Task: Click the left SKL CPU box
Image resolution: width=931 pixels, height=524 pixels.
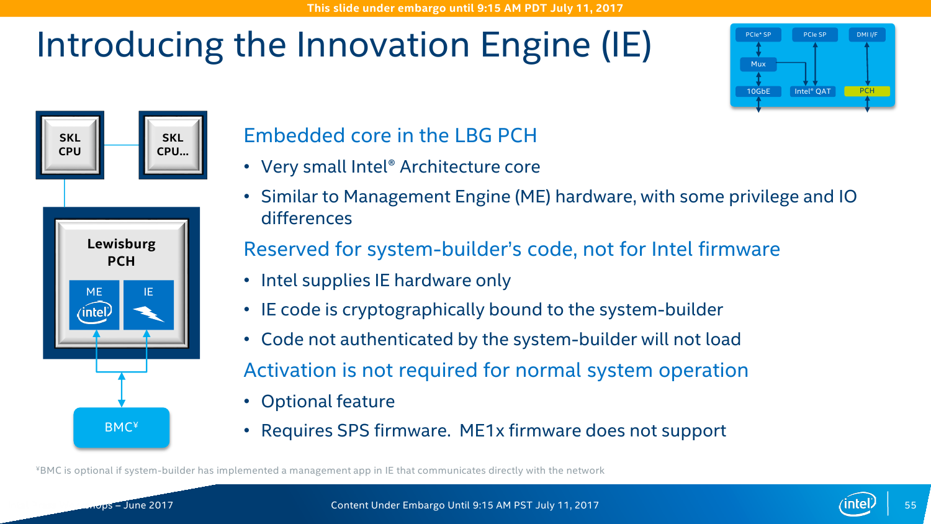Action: (x=70, y=145)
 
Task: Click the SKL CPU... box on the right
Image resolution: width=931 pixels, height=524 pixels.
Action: (x=173, y=145)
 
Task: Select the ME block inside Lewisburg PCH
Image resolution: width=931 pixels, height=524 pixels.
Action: (x=94, y=305)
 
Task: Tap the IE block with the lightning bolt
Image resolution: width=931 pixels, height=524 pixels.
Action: (x=148, y=305)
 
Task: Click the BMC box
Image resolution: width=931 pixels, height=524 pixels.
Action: (x=122, y=428)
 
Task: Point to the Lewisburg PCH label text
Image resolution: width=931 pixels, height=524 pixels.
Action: (x=122, y=252)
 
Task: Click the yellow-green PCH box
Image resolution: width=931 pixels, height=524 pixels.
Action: (x=867, y=91)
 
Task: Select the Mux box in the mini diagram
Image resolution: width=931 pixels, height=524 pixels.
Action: (x=758, y=64)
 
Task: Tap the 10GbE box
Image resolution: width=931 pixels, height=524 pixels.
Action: (x=758, y=91)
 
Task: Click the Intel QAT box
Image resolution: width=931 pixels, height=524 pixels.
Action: (x=812, y=91)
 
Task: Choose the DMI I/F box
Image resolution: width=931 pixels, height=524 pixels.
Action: (x=867, y=35)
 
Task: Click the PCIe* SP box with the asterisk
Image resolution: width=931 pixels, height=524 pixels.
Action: (x=758, y=35)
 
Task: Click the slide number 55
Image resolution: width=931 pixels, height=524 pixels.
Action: (x=911, y=505)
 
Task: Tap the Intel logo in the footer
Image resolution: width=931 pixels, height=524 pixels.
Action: (x=857, y=504)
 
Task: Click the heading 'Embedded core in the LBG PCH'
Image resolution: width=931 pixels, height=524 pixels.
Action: (x=390, y=135)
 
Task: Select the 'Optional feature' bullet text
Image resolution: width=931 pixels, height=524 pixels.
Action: (x=328, y=401)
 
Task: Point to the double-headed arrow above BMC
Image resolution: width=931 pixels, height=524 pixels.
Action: (x=122, y=390)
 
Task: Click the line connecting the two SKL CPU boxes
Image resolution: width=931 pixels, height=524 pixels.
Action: (x=122, y=145)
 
